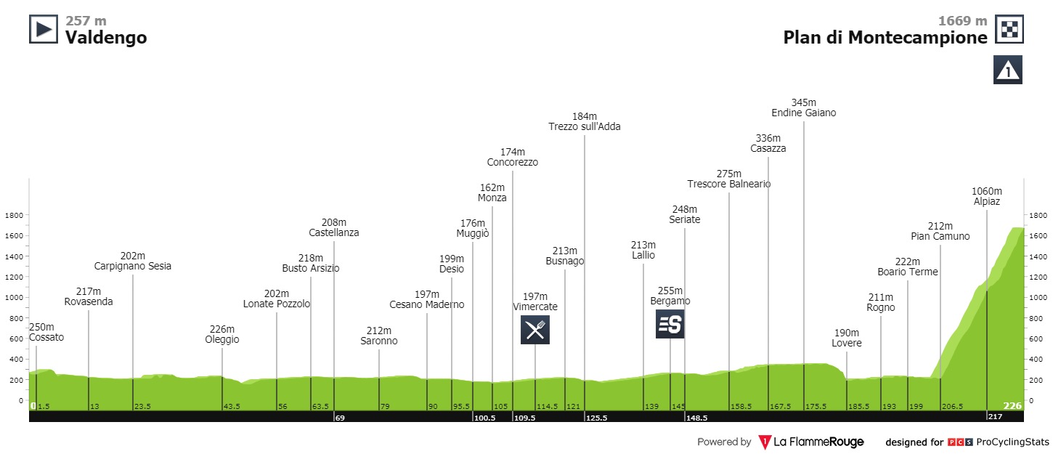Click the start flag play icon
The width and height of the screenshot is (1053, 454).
point(43,29)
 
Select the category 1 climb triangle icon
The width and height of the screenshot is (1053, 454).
point(1008,70)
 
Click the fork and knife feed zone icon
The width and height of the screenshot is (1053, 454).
point(535,330)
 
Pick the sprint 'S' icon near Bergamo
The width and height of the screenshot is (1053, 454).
point(670,324)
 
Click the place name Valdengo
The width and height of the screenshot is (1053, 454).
point(106,38)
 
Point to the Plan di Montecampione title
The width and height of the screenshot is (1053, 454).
point(885,38)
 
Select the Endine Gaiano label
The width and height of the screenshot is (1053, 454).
point(804,113)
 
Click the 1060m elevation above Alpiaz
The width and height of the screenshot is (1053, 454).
point(987,192)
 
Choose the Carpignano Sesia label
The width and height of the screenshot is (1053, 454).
point(133,266)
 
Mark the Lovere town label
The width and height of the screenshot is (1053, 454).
point(847,344)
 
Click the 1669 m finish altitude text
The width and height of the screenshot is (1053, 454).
point(961,21)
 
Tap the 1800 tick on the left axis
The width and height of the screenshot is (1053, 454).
point(15,215)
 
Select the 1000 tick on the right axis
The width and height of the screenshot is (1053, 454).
point(1037,297)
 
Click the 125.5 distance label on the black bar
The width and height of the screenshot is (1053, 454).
point(595,418)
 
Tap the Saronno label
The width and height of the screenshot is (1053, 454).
point(379,341)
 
